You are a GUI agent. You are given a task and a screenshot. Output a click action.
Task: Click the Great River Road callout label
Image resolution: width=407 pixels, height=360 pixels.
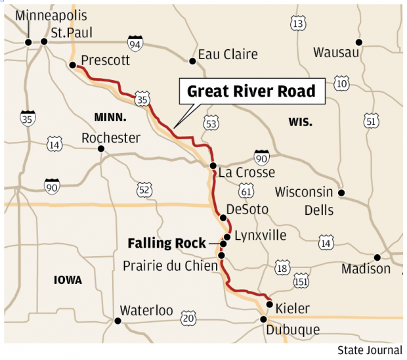click(251, 91)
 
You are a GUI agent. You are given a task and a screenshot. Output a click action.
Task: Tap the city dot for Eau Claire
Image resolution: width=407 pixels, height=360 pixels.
click(193, 61)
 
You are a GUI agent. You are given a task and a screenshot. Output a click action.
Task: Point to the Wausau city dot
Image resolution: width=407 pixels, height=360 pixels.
click(358, 42)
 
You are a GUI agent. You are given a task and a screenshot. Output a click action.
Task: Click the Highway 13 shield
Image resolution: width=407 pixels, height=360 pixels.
click(298, 24)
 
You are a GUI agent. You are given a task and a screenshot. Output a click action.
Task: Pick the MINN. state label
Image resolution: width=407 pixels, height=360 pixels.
click(110, 117)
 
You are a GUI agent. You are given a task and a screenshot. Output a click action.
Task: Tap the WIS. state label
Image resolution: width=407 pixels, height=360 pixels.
click(300, 122)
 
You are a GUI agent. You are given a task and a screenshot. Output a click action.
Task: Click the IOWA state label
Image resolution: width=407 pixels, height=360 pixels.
click(68, 280)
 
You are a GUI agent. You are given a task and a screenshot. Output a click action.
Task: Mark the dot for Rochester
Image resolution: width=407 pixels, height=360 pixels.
click(101, 148)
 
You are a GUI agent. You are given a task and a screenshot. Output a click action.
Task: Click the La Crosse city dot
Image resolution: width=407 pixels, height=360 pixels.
click(213, 166)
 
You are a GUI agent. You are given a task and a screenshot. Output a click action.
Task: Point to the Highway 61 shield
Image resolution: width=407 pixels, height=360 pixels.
click(246, 191)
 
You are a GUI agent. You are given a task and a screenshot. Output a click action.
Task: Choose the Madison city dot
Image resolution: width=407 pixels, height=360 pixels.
click(377, 258)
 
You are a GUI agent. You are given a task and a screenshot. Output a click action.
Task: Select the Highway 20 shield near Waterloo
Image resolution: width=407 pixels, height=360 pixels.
click(188, 318)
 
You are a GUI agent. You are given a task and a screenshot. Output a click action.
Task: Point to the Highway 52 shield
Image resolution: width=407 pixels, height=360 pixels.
click(144, 189)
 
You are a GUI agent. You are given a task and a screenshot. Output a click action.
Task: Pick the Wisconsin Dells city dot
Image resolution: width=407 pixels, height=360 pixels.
click(341, 192)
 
